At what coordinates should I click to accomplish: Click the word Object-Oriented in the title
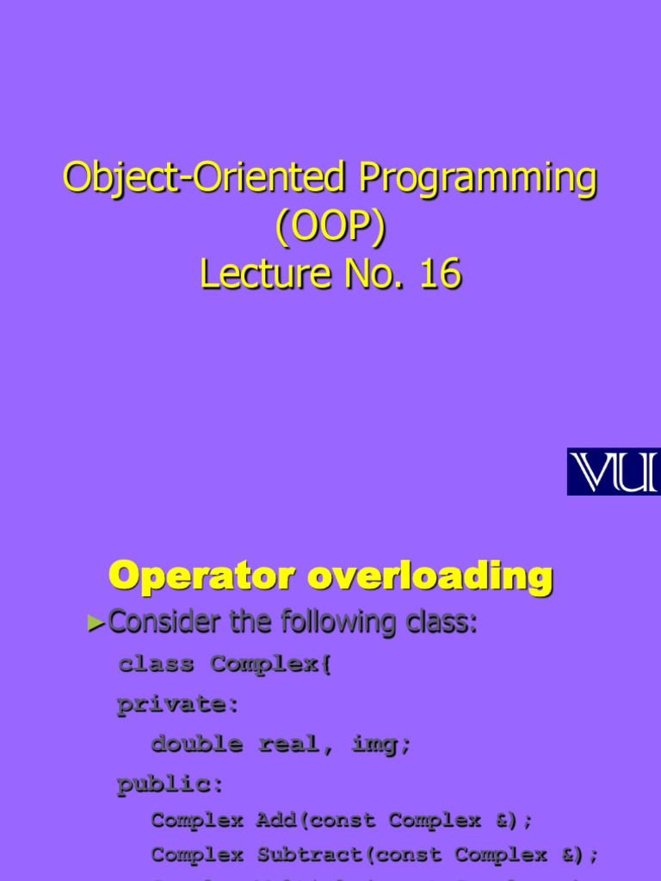205,179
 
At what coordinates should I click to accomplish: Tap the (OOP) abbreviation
330,227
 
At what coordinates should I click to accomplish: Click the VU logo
613,471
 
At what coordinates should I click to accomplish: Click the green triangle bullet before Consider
95,625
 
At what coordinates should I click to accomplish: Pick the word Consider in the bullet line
164,622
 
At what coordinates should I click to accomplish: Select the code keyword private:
178,705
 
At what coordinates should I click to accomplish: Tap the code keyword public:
170,785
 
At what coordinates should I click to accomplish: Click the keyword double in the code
196,744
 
